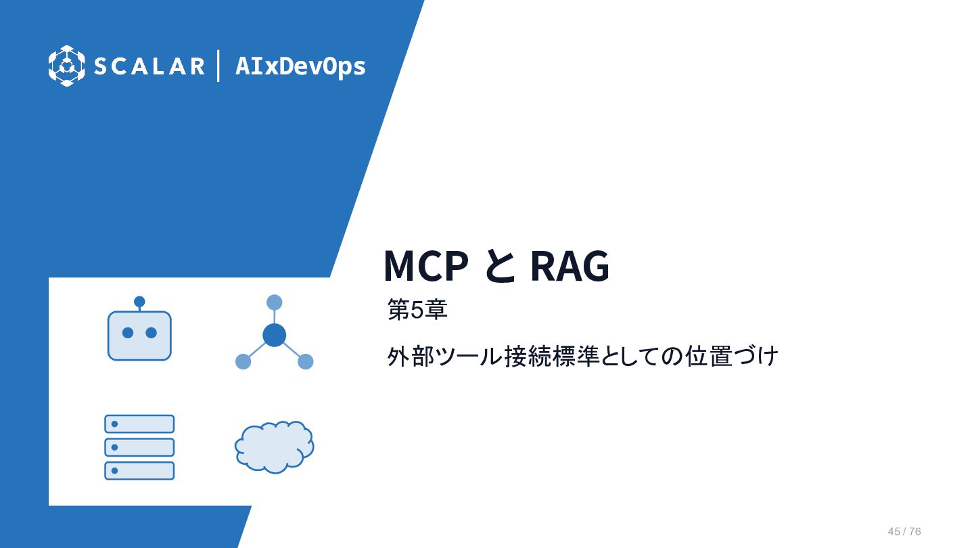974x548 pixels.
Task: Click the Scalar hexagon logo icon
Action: click(x=66, y=66)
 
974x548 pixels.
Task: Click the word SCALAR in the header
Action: click(x=149, y=66)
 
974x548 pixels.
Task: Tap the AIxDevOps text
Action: click(x=300, y=66)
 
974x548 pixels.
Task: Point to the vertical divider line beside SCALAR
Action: click(x=218, y=66)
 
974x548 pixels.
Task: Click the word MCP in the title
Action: click(x=426, y=266)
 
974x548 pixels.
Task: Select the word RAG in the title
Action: click(x=570, y=266)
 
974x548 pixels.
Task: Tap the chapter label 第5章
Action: click(x=417, y=310)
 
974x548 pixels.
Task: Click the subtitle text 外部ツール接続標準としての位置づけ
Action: click(x=582, y=356)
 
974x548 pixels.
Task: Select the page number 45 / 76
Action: click(x=904, y=532)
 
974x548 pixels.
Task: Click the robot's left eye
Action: click(x=128, y=333)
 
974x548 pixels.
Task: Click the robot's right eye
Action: click(x=152, y=333)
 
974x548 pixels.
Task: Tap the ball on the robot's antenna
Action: click(x=139, y=302)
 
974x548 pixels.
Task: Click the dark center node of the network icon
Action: click(x=275, y=335)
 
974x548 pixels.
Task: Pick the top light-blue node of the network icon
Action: click(x=275, y=302)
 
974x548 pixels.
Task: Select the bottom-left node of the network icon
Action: click(x=243, y=361)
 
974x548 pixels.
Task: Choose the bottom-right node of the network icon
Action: click(x=306, y=361)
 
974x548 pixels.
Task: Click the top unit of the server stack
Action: click(x=139, y=424)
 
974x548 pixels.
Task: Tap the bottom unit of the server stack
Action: click(x=139, y=471)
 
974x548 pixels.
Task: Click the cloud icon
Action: click(x=275, y=447)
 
